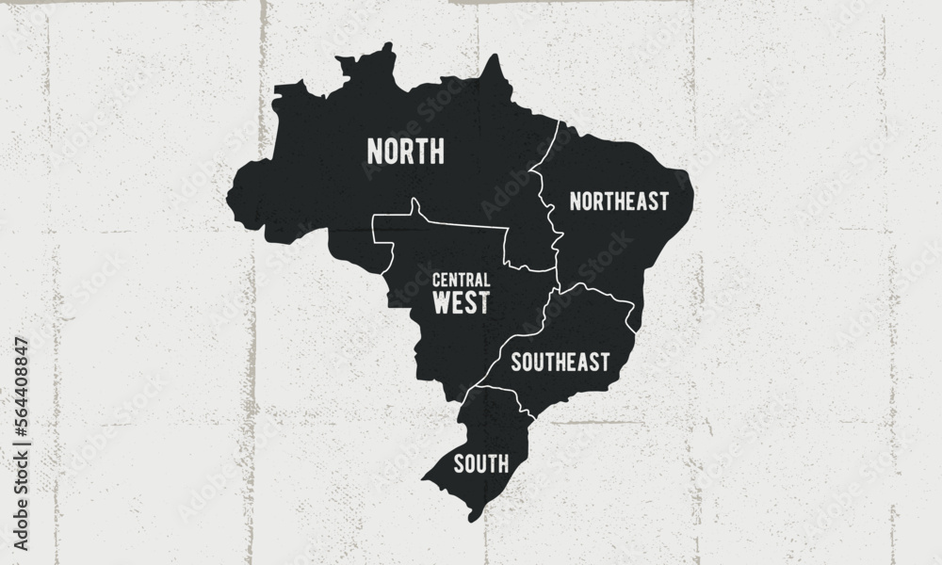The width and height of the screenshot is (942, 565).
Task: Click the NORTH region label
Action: [x=405, y=151]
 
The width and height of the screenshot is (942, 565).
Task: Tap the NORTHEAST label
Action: [x=620, y=201]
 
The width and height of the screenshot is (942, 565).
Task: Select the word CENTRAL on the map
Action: [x=462, y=280]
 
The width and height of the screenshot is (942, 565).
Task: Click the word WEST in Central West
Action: [x=461, y=301]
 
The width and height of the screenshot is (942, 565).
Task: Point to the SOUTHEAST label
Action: [x=560, y=361]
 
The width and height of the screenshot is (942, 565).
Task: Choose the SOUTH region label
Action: [x=481, y=462]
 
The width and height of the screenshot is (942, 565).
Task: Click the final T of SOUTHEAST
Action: [x=605, y=361]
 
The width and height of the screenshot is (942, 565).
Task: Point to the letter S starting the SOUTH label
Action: [x=459, y=462]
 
